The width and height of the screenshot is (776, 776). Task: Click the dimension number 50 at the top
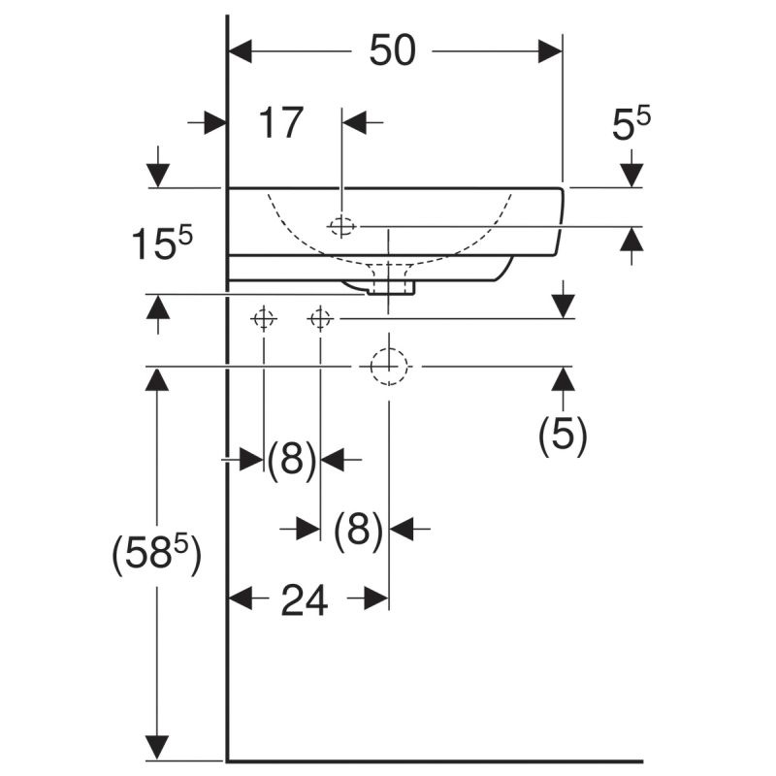click(x=393, y=50)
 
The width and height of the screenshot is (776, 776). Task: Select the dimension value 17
click(x=280, y=122)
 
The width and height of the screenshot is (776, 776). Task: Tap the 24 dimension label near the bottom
click(x=305, y=600)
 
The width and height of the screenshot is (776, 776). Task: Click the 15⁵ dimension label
click(x=162, y=243)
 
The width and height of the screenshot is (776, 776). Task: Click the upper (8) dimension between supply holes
click(x=292, y=459)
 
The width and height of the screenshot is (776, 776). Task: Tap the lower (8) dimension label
click(x=358, y=529)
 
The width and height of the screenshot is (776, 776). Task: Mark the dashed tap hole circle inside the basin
click(x=341, y=218)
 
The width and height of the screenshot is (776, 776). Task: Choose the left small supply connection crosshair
click(x=264, y=319)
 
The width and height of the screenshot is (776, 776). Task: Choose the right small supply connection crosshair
click(x=320, y=319)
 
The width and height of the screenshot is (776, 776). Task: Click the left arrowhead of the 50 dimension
click(x=240, y=51)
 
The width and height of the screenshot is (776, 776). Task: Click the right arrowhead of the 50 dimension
click(x=550, y=51)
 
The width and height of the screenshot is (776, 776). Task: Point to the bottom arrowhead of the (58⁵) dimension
click(x=157, y=747)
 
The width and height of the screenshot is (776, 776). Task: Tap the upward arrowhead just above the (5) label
click(x=563, y=378)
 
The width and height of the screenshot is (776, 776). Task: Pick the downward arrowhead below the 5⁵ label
click(x=631, y=176)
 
